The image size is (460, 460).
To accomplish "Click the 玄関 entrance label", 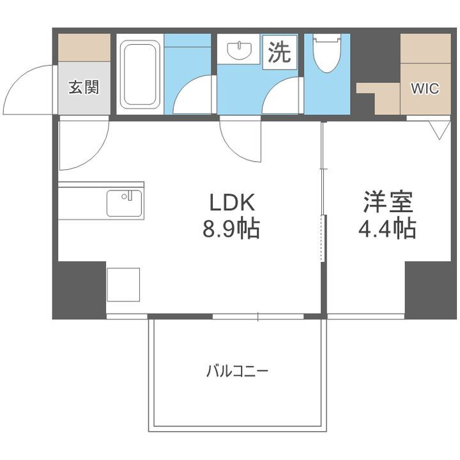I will (84, 88).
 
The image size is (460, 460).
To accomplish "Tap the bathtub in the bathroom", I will (140, 74).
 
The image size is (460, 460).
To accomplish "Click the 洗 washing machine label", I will (279, 52).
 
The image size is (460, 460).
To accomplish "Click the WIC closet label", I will (425, 89).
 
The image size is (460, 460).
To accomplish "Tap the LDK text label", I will (232, 203).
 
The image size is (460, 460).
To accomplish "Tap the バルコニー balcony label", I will (237, 371).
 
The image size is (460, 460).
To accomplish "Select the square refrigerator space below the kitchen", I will (123, 284).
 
